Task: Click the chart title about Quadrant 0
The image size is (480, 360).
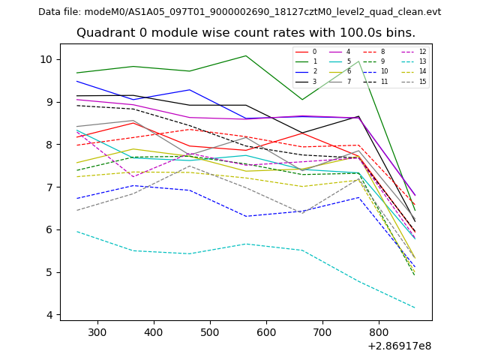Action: (x=245, y=33)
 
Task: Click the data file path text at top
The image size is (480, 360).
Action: (x=239, y=12)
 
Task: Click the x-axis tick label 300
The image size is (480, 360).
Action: (x=97, y=331)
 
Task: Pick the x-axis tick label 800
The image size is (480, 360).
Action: (x=379, y=331)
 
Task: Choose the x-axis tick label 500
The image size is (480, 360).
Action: (x=210, y=331)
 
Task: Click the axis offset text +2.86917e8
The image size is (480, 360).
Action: (x=398, y=346)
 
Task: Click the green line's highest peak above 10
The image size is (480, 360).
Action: (x=246, y=55)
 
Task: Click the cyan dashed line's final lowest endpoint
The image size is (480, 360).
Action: (x=415, y=308)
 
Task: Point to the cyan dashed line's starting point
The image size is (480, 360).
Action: (x=77, y=232)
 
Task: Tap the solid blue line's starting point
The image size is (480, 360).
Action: (x=77, y=81)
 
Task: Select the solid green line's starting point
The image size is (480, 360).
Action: (x=77, y=73)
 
